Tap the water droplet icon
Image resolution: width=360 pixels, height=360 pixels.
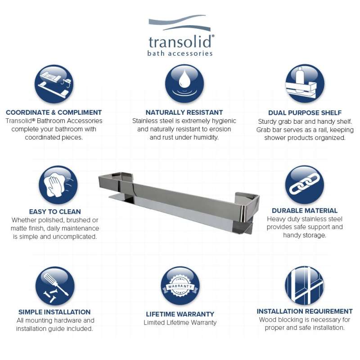(184, 83)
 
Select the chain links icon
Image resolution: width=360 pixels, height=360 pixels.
(305, 184)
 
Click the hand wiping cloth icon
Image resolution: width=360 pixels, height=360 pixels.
(58, 184)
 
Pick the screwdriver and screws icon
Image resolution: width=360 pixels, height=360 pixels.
(55, 286)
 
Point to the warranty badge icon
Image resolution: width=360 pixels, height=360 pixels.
(180, 286)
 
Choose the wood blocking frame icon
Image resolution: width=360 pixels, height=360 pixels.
(305, 285)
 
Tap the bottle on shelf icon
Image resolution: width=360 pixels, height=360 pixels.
(305, 84)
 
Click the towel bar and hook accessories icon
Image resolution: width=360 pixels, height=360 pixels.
(54, 84)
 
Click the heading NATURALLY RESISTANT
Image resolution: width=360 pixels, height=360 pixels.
(184, 112)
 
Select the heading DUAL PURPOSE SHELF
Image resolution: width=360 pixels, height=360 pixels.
(305, 113)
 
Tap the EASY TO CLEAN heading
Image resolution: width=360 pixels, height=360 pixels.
(55, 211)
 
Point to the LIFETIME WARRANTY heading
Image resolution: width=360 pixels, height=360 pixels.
(180, 314)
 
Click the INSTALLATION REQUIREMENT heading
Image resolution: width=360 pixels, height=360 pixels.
(305, 311)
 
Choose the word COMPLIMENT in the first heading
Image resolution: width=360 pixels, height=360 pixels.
(80, 112)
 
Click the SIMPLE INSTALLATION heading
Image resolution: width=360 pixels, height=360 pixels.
(54, 312)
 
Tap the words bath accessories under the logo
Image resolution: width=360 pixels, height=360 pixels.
(180, 54)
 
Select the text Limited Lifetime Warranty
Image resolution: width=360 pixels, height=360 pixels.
(180, 322)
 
